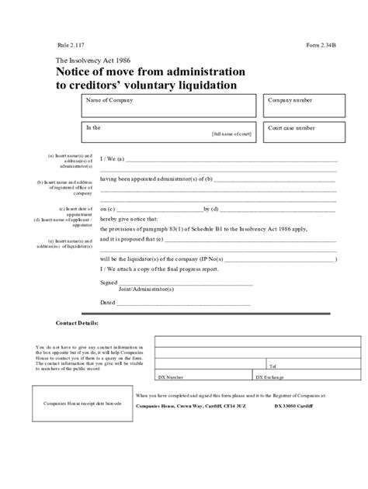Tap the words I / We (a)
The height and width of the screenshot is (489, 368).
pyautogui.click(x=113, y=158)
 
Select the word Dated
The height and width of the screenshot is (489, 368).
pyautogui.click(x=108, y=302)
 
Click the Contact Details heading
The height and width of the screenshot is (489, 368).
pyautogui.click(x=77, y=323)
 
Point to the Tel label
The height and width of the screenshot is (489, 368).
pyautogui.click(x=272, y=364)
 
